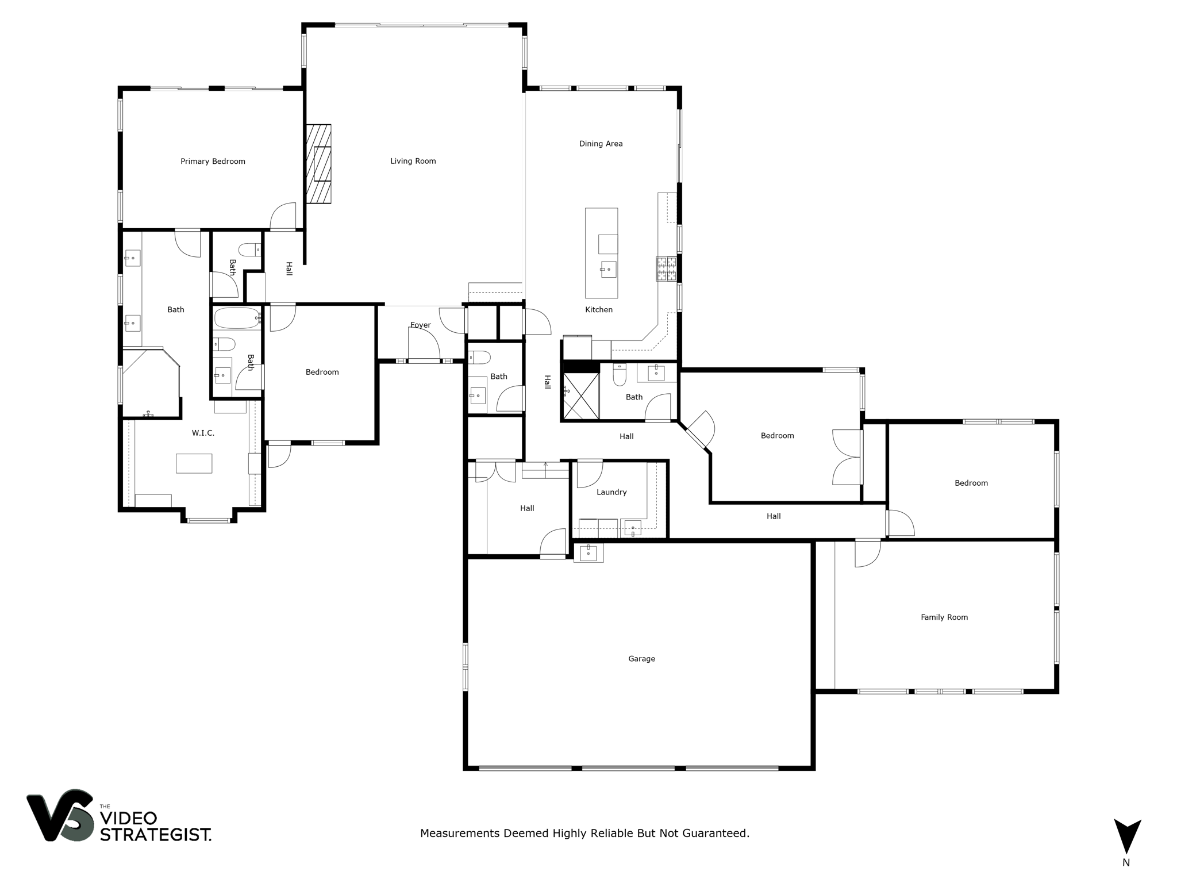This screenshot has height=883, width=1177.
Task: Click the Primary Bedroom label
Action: (213, 162)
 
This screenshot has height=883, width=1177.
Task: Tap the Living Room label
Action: (413, 162)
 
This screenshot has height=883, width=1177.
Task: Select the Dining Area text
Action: (601, 144)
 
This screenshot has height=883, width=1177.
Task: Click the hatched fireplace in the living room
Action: (318, 164)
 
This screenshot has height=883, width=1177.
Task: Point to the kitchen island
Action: (601, 253)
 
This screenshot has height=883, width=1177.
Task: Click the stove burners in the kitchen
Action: (667, 268)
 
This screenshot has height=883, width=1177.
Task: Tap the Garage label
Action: (641, 659)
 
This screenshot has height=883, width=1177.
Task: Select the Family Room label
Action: (944, 617)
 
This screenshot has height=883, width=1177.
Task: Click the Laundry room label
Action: (611, 492)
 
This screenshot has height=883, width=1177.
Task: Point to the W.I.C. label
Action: (203, 433)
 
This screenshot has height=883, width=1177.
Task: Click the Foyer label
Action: (420, 325)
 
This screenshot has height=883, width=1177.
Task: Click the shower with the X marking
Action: (580, 396)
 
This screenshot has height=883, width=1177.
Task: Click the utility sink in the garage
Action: (588, 553)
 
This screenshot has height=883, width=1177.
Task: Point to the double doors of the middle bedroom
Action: (847, 457)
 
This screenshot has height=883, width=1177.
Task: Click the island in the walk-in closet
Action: (194, 463)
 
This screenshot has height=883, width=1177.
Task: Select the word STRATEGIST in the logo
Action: (155, 835)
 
